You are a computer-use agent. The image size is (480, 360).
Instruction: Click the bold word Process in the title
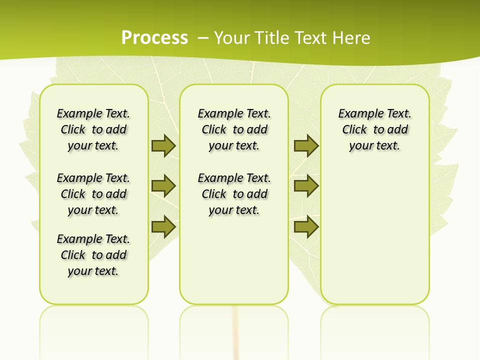154,37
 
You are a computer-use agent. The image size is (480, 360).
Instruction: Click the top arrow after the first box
163,146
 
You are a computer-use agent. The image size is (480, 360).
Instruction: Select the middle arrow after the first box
163,186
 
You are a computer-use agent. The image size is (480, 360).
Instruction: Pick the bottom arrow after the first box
163,226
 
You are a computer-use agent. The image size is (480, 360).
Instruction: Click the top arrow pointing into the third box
306,146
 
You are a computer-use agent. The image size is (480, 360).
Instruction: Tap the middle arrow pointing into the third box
306,186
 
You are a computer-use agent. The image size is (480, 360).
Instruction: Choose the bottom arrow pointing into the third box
306,226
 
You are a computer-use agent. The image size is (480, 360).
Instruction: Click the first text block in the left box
93,129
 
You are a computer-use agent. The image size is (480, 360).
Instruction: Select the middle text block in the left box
93,194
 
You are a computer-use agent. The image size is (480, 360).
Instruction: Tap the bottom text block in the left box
93,255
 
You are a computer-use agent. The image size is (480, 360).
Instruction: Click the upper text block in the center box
234,129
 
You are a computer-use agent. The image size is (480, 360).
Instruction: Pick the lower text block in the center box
234,194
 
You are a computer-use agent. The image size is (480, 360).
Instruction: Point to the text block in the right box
374,129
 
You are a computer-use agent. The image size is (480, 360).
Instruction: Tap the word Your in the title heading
232,37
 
